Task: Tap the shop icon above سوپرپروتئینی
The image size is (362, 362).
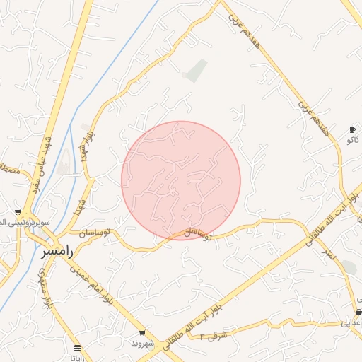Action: click(18, 212)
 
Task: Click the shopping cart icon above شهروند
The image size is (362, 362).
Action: click(142, 333)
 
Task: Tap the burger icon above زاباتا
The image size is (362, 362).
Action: click(77, 348)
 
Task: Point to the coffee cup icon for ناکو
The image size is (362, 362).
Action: click(352, 129)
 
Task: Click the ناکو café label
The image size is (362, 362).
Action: click(352, 139)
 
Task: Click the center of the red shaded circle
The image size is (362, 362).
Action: click(181, 180)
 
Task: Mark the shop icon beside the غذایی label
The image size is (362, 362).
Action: click(358, 312)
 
